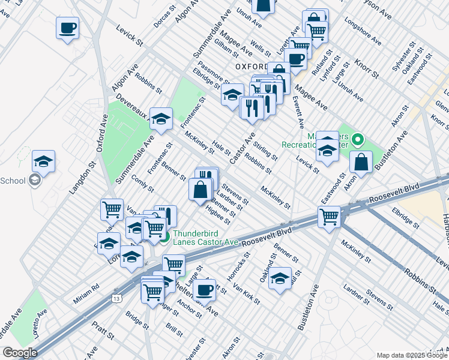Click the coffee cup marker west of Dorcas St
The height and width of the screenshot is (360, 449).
(67, 28)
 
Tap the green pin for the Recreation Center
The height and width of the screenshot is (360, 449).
(358, 141)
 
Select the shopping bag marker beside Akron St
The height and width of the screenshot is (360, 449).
(361, 161)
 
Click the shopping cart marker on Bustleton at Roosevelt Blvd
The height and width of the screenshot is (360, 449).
(330, 217)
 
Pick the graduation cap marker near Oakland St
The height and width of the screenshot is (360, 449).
(280, 278)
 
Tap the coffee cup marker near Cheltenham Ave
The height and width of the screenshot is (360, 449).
(204, 289)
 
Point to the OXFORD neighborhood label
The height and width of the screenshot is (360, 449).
(251, 66)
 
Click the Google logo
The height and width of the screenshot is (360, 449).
(20, 353)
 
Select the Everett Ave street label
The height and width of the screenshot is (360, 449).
(298, 112)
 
